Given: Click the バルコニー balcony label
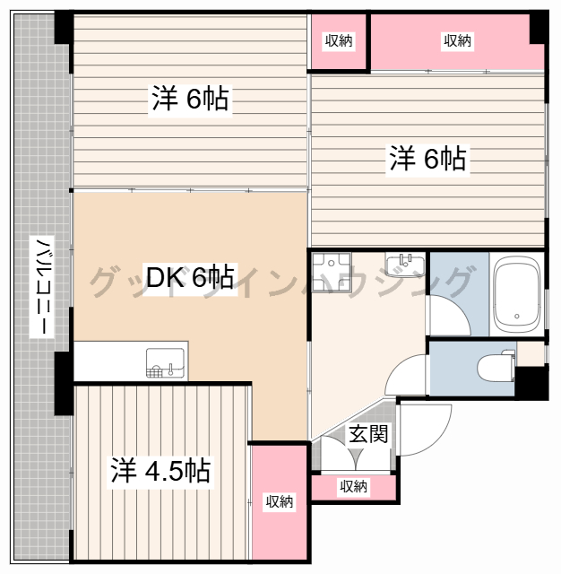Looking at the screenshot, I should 40,287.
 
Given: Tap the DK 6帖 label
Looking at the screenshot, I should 190,278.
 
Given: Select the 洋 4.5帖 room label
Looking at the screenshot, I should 161,470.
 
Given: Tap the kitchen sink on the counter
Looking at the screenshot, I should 165,361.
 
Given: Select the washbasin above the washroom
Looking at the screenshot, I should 406,263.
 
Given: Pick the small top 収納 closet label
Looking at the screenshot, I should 339,40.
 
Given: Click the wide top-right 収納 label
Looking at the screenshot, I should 457,40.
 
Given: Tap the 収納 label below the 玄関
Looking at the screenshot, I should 353,486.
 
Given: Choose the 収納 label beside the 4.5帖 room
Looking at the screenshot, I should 279,501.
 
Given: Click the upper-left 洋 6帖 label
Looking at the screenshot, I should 189,100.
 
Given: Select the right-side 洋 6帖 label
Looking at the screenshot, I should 427,160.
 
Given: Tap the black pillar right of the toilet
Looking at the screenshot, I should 534,381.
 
